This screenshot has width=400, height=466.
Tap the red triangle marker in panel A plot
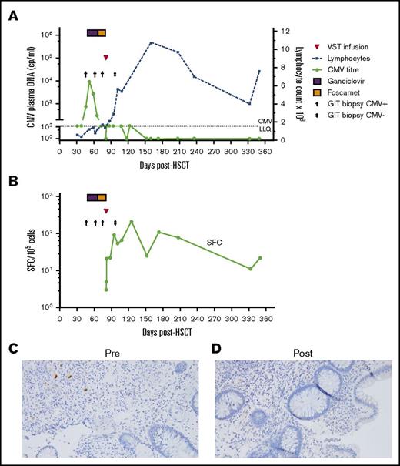pyautogui.click(x=107, y=57)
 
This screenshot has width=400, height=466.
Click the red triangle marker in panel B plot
pyautogui.click(x=107, y=210)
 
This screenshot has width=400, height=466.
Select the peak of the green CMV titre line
pyautogui.click(x=89, y=82)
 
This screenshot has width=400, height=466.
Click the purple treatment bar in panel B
pyautogui.click(x=92, y=198)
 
